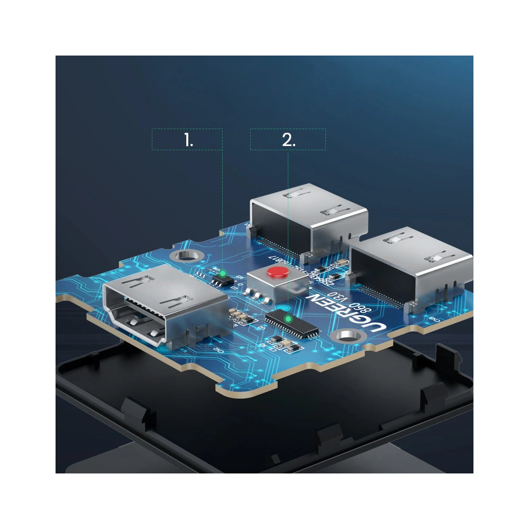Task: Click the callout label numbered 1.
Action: pos(188,140)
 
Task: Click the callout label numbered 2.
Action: pos(288,140)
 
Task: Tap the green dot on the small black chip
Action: pos(223,273)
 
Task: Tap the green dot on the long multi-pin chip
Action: pos(288,319)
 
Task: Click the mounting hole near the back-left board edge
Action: pos(185,257)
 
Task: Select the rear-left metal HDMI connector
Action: pos(309,217)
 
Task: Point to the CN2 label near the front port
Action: pos(217,350)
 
